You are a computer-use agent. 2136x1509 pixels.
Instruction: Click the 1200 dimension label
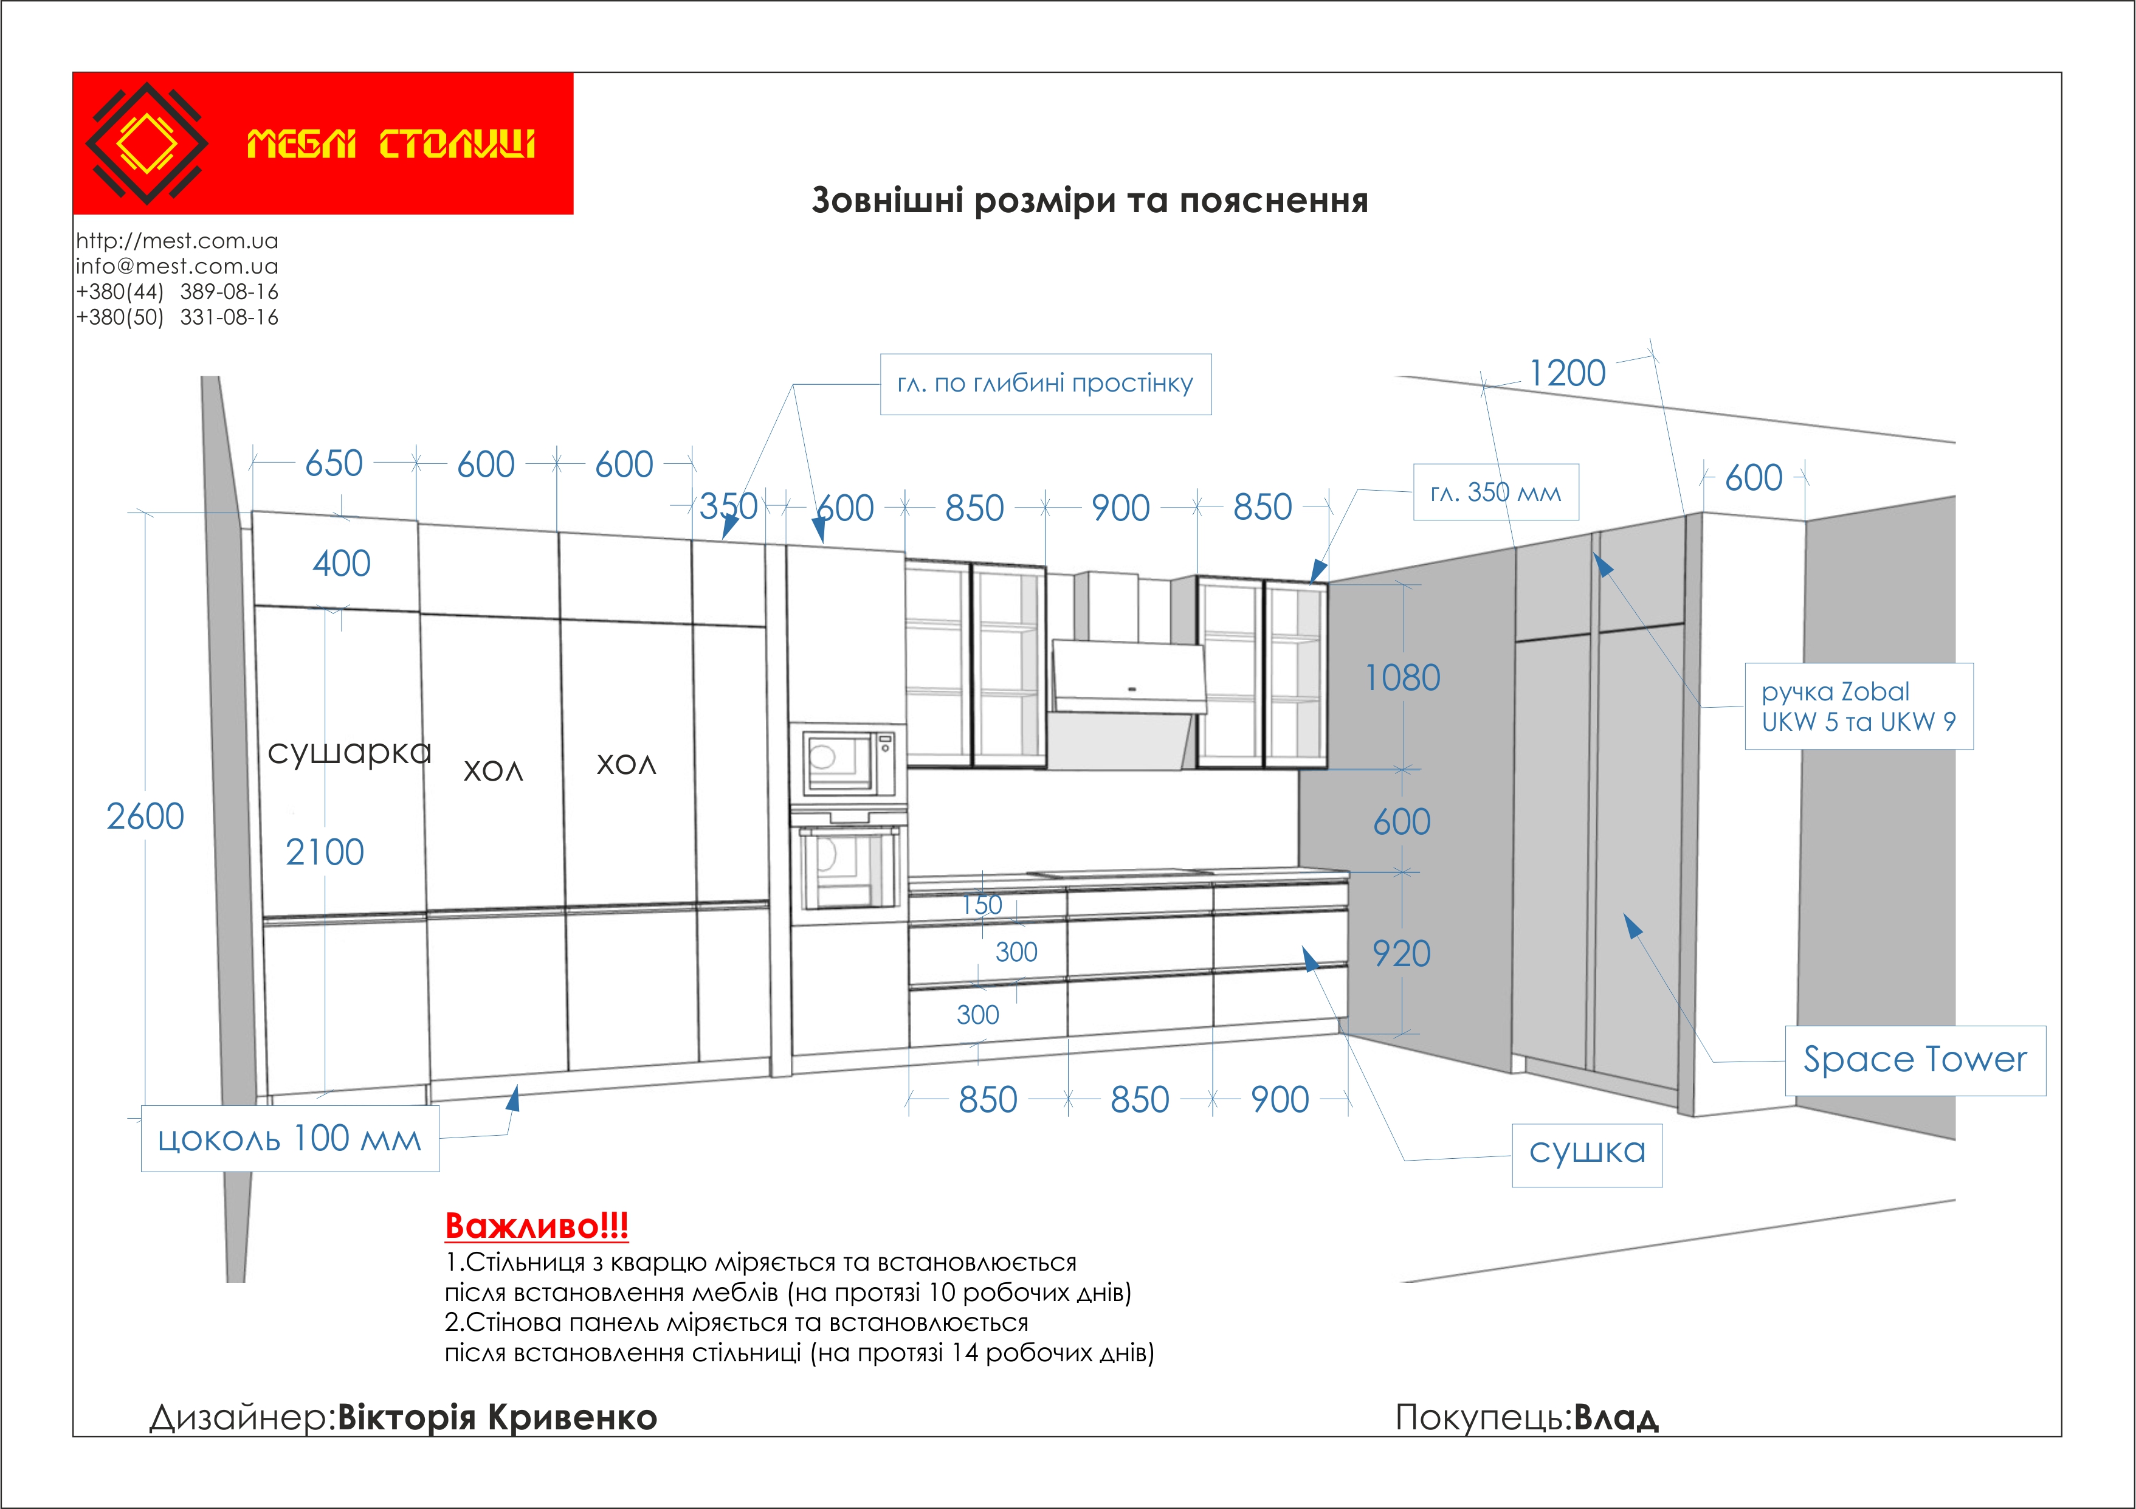(x=1568, y=374)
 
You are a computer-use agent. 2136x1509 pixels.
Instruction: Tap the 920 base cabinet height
(x=1401, y=953)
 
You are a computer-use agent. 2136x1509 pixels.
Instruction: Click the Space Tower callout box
(x=1915, y=1060)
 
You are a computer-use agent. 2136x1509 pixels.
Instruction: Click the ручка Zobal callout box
(x=1858, y=706)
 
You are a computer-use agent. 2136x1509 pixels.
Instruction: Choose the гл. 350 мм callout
(x=1495, y=492)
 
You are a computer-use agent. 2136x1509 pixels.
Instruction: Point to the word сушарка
(x=350, y=751)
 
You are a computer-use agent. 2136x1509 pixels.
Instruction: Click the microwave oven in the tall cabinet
(x=847, y=761)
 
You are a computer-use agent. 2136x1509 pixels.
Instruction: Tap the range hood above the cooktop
(x=1126, y=688)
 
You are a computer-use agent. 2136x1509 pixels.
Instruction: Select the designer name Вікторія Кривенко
(x=497, y=1417)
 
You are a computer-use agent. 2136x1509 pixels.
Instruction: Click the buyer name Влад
(x=1616, y=1417)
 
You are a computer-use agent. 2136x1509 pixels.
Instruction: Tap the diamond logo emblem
(x=146, y=143)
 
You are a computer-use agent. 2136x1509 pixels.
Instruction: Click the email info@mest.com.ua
(x=177, y=266)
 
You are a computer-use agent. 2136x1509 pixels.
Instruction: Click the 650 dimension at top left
(x=333, y=463)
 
